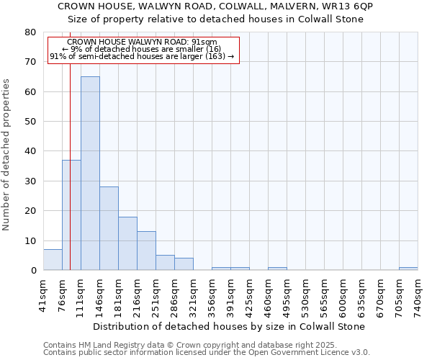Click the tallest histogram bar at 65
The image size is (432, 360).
click(90, 173)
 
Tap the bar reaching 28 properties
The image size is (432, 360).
click(109, 228)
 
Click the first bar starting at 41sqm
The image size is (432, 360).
click(53, 260)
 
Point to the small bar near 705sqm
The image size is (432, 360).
click(408, 269)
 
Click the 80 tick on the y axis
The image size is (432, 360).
click(30, 32)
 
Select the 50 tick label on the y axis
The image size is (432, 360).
click(30, 121)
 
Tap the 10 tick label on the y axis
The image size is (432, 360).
click(30, 240)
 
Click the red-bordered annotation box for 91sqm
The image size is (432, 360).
click(143, 49)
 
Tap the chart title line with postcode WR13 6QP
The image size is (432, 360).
click(215, 6)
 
